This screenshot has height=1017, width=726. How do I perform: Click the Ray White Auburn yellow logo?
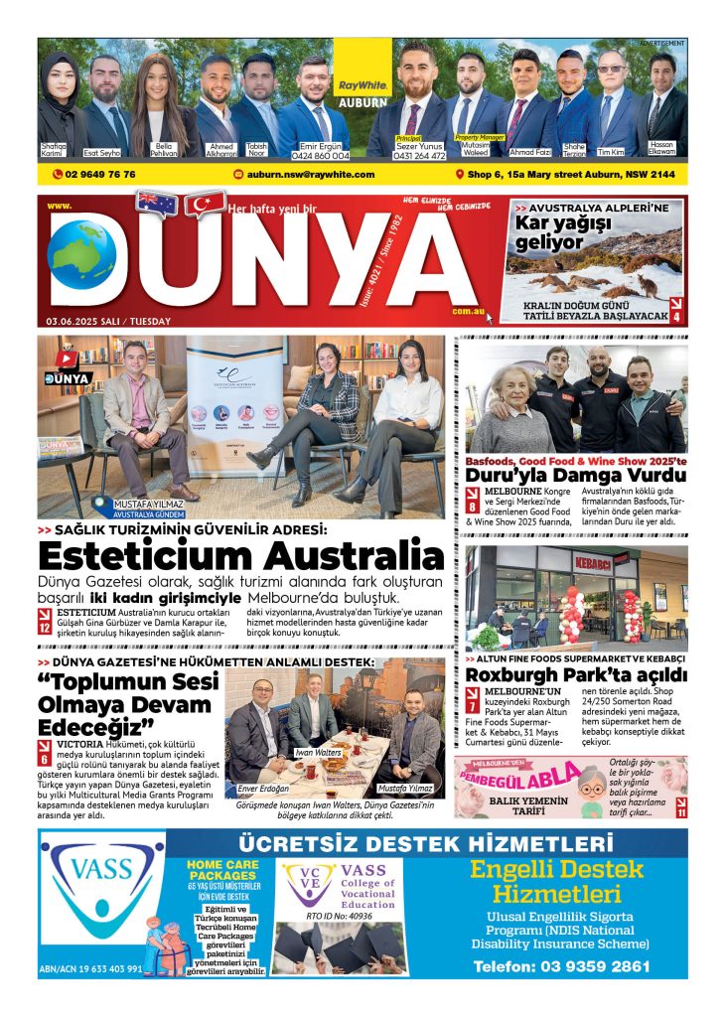(x=363, y=69)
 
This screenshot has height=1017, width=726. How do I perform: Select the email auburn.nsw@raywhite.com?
(x=310, y=174)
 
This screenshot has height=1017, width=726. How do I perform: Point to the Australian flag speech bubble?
(x=156, y=204)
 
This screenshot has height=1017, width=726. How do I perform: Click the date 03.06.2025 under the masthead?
(x=107, y=321)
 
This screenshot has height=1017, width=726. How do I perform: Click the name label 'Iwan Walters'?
(x=317, y=752)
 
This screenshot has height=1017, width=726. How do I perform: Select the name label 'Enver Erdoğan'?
(x=262, y=789)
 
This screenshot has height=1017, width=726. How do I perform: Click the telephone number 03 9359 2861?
(x=561, y=965)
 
